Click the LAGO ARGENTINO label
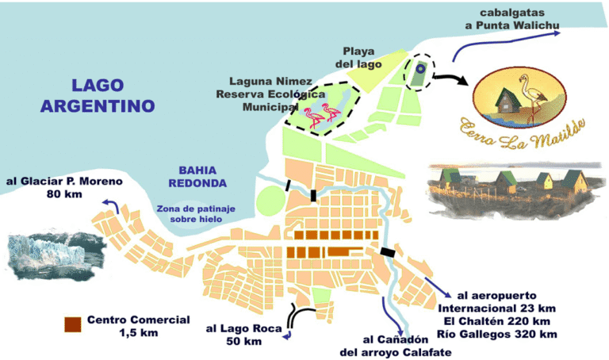pyautogui.click(x=98, y=94)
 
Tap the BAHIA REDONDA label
pyautogui.click(x=202, y=177)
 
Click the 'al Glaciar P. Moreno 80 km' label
pyautogui.click(x=63, y=187)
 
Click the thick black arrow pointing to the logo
pyautogui.click(x=451, y=80)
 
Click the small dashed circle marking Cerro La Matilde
pyautogui.click(x=419, y=71)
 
